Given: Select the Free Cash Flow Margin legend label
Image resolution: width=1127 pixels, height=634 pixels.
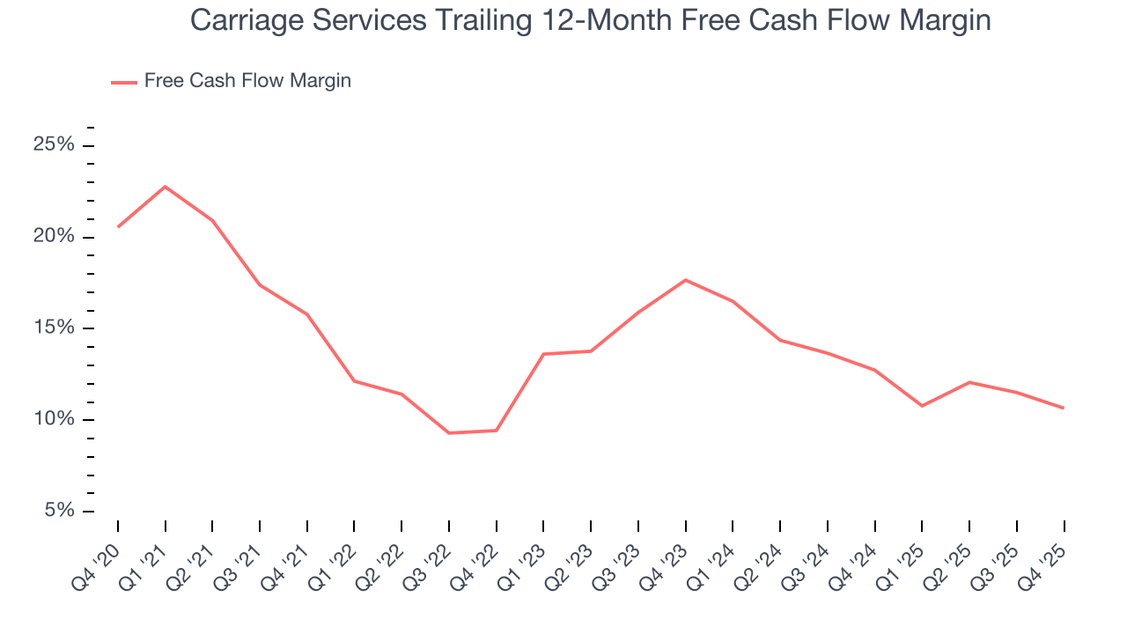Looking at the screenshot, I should [x=247, y=81].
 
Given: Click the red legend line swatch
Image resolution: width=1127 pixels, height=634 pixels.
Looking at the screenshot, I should [x=123, y=82].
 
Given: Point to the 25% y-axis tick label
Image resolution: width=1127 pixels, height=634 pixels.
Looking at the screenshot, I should [x=54, y=145].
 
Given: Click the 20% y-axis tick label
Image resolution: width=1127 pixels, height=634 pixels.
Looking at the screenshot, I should [x=54, y=237].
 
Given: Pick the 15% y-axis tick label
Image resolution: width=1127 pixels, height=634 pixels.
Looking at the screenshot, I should [x=54, y=328].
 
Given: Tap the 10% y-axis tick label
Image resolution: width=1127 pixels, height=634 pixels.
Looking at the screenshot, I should [x=54, y=420].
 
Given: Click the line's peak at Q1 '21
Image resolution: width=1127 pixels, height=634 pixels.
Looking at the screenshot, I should [x=166, y=187].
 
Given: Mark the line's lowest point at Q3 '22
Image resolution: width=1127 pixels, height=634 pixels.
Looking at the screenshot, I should [x=449, y=432].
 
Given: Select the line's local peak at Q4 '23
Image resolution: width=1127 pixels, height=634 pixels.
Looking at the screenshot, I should [x=686, y=280].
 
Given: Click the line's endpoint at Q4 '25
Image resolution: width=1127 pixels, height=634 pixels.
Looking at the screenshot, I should [x=1064, y=408].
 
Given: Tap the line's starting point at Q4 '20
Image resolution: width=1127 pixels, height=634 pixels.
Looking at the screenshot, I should [x=118, y=226].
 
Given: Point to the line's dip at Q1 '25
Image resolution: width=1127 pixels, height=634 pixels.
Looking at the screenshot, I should [x=922, y=405].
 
